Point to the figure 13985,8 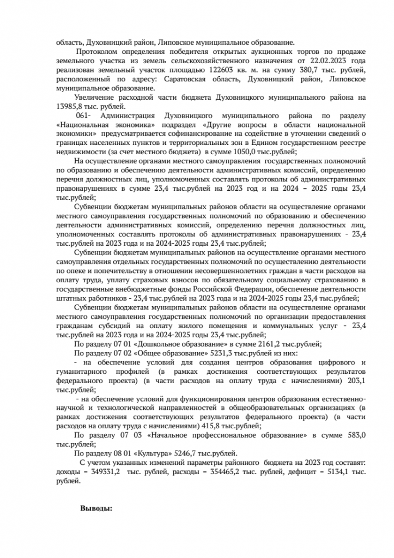pos(70,106)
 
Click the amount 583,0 pos(354,435)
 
